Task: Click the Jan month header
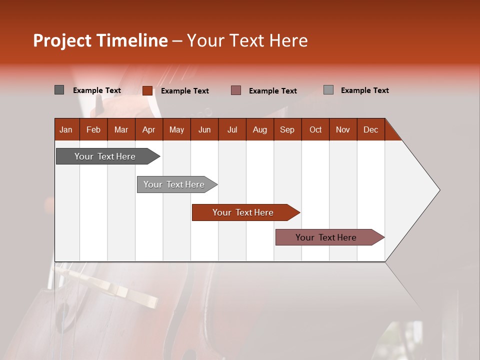point(66,129)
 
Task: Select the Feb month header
point(93,129)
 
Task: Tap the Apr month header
point(148,129)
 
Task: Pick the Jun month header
point(204,129)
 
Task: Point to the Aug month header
point(259,129)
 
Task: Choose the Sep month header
point(287,129)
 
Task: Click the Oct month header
point(315,129)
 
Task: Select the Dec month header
point(370,129)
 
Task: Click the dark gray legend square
point(59,90)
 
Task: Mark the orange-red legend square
point(147,90)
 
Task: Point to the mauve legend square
point(236,90)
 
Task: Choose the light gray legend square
point(328,90)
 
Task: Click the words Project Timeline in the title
point(100,40)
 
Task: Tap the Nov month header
point(343,129)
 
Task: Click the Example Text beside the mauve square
point(272,91)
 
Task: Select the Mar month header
point(121,129)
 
